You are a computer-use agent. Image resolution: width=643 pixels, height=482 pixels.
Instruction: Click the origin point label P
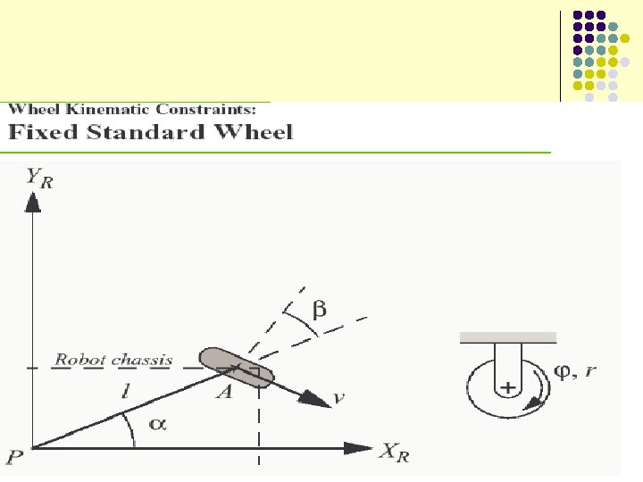point(14,458)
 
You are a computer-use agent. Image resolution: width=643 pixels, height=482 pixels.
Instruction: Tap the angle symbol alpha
point(157,425)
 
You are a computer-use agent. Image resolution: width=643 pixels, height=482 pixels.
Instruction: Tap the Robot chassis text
point(113,361)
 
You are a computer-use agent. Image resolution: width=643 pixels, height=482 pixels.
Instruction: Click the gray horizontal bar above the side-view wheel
point(508,337)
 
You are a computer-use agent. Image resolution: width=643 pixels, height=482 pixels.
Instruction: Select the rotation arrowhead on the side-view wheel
point(535,403)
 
